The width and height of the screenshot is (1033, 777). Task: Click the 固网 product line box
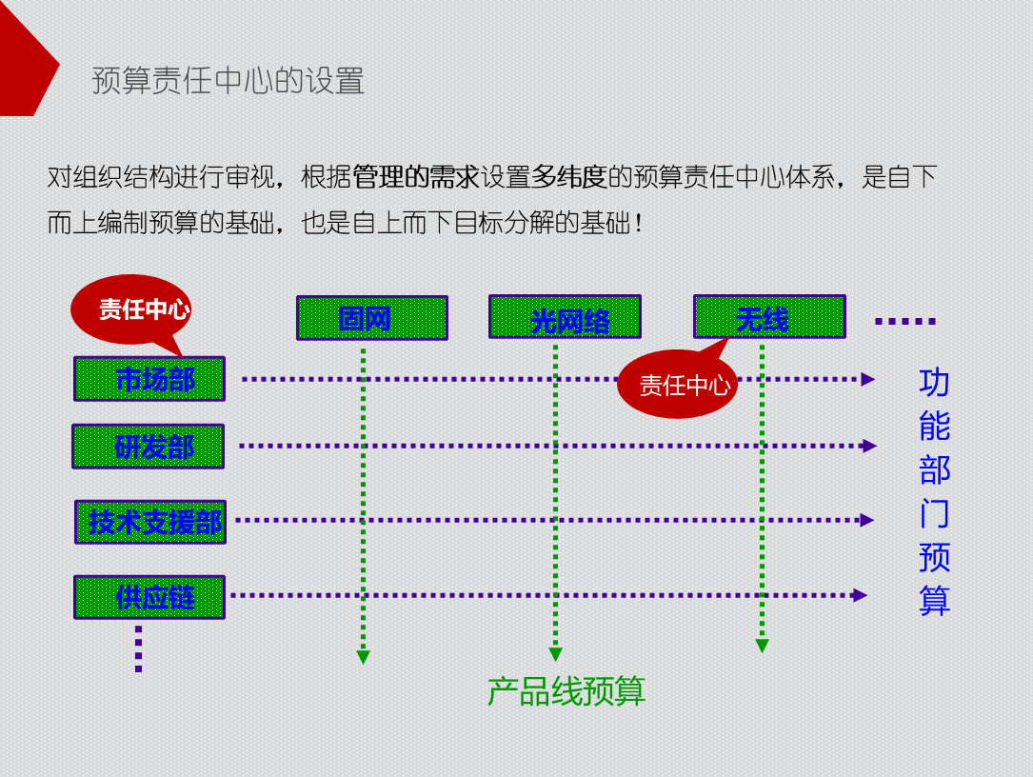click(371, 318)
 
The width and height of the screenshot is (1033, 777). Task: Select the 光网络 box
click(565, 317)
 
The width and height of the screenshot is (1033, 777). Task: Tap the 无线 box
click(769, 317)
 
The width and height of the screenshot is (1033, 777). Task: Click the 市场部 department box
click(149, 379)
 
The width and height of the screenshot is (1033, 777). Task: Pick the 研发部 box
click(149, 447)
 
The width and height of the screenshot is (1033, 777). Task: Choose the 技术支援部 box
click(150, 522)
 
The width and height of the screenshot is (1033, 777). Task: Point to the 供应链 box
click(149, 597)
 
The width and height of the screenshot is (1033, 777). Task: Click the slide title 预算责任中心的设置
click(228, 81)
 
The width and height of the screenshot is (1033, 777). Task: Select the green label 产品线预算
click(566, 691)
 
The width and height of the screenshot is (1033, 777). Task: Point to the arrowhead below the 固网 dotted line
click(363, 656)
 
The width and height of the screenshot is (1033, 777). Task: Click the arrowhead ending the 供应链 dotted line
click(861, 595)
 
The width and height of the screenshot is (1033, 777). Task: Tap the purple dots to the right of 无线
click(904, 322)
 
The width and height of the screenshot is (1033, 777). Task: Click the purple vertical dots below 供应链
click(139, 648)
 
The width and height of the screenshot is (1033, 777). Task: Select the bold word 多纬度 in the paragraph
click(568, 176)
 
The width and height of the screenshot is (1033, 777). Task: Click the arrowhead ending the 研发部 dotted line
click(868, 446)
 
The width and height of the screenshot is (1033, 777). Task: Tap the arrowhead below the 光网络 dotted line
click(556, 654)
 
